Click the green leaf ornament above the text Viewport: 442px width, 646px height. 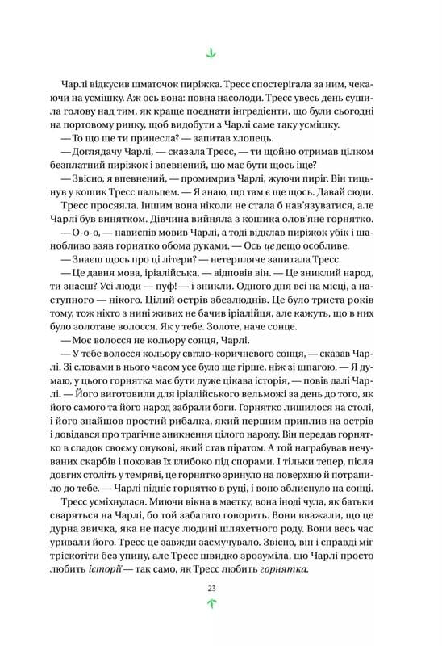pos(212,54)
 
